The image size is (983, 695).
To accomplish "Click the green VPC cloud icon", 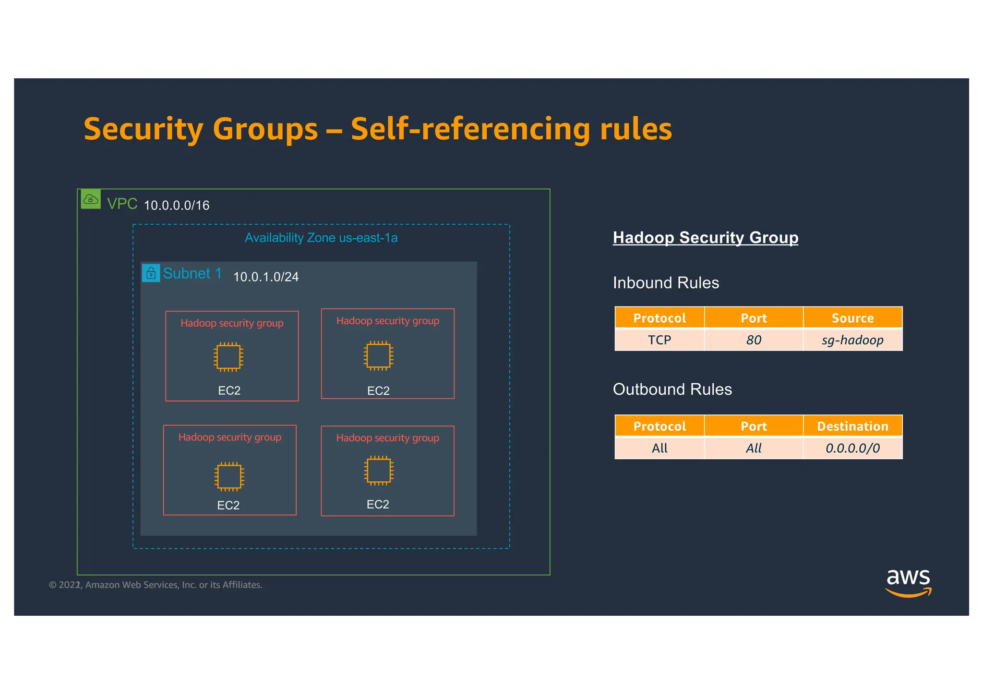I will tap(91, 199).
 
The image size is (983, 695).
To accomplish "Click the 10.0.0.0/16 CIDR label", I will tap(177, 206).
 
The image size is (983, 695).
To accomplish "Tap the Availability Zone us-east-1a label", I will tap(321, 238).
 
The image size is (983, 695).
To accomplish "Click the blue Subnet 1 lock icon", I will tap(151, 273).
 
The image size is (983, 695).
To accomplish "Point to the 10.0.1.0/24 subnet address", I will tap(265, 277).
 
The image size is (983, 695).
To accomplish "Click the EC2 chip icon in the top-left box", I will tap(228, 357).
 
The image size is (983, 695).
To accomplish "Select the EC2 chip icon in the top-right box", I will tap(378, 355).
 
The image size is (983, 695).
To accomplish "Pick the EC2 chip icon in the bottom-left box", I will tap(229, 476).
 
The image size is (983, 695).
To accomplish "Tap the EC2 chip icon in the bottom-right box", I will tap(379, 470).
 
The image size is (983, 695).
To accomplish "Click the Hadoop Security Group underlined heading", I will tap(705, 238).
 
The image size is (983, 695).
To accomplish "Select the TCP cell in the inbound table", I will tap(659, 340).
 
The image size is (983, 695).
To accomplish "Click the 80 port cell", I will tap(754, 340).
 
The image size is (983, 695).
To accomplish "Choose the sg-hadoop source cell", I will tap(852, 340).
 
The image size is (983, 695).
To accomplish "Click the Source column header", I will tap(852, 318).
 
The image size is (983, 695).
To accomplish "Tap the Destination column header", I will tap(852, 427).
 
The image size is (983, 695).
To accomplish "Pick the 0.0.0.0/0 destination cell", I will tap(852, 448).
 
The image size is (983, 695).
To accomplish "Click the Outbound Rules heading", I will tap(672, 390).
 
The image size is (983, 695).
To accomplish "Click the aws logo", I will tap(908, 583).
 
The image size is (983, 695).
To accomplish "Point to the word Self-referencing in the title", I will tap(470, 129).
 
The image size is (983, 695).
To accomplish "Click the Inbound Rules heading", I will tap(666, 283).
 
